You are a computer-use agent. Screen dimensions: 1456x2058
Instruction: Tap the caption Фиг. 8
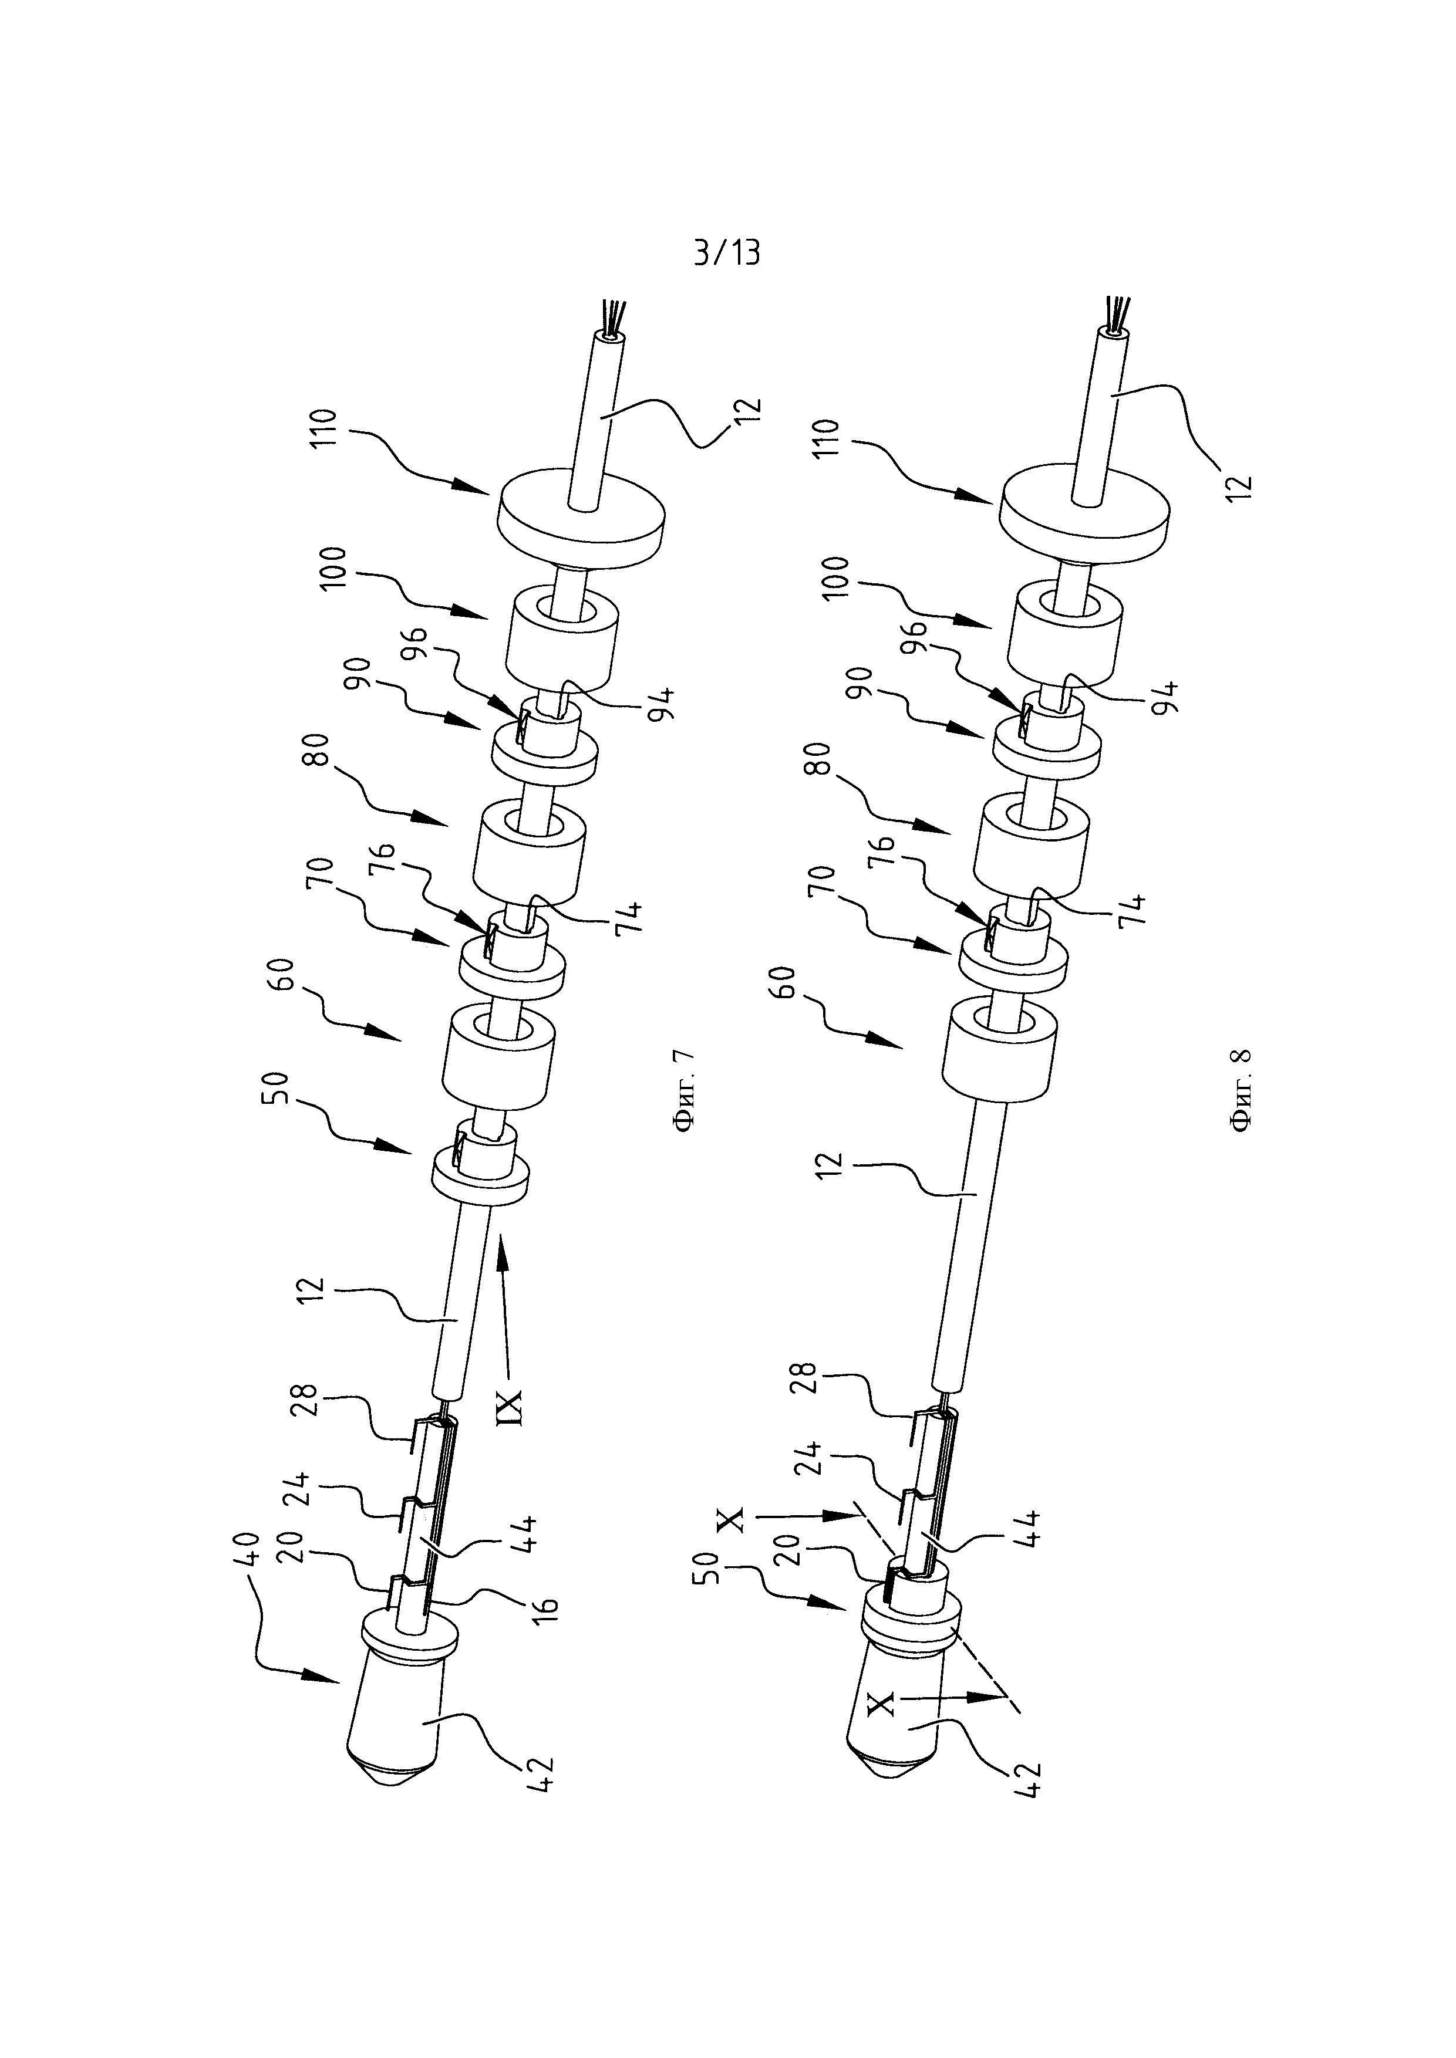(x=1243, y=1091)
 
